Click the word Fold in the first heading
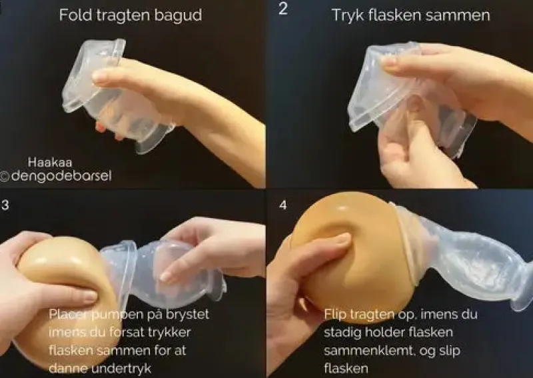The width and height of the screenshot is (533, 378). (74, 15)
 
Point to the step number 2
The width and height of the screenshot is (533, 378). (282, 10)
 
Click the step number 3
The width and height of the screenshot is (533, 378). (5, 205)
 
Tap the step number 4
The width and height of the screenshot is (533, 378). (283, 205)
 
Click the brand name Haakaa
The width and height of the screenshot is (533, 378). (49, 161)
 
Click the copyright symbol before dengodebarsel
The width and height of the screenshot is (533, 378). (5, 177)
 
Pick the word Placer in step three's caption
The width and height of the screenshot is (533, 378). (67, 314)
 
